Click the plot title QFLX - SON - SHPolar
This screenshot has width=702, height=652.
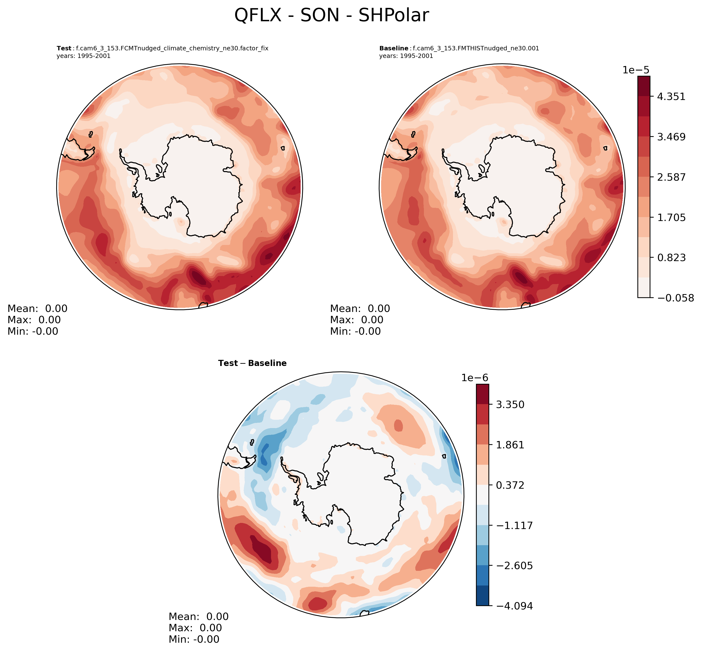331,16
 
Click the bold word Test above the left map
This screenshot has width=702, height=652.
64,48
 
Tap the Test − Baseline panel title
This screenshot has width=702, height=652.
252,363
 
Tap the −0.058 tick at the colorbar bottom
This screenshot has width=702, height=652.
674,298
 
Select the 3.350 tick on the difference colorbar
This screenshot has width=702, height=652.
510,404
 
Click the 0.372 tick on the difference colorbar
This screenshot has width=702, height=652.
510,485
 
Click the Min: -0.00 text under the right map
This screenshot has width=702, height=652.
355,331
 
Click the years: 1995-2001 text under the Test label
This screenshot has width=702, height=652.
83,56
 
